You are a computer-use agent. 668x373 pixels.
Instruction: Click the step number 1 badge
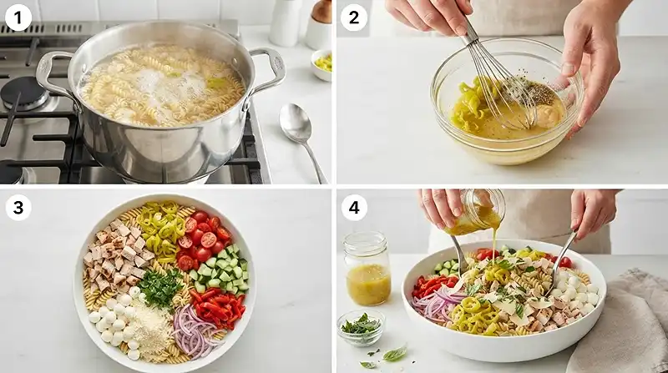[x=18, y=18]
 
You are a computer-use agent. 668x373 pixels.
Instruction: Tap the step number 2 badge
[x=353, y=18]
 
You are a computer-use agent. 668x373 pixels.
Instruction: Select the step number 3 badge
[x=18, y=208]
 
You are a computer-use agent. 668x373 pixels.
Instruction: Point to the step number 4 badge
[x=353, y=208]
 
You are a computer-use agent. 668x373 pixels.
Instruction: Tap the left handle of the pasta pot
[x=51, y=73]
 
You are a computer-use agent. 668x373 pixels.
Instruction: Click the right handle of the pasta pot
[x=267, y=68]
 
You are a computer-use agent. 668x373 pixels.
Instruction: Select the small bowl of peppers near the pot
[x=322, y=65]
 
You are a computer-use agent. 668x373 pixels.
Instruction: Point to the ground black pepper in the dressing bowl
[x=533, y=90]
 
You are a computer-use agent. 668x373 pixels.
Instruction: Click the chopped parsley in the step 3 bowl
[x=160, y=287]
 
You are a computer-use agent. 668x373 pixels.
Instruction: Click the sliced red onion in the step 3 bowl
[x=197, y=330]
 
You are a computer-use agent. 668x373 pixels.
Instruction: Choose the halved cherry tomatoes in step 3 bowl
[x=201, y=240]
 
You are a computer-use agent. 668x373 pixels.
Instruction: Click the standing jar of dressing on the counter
[x=367, y=268]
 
